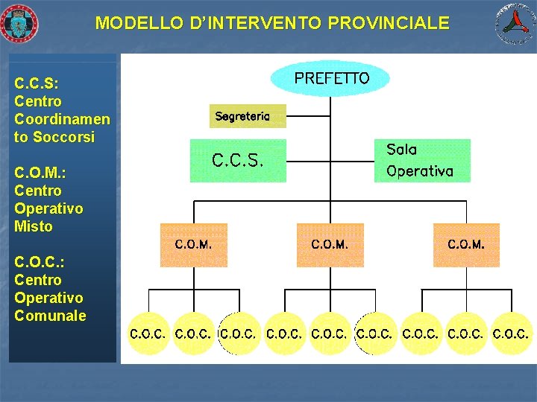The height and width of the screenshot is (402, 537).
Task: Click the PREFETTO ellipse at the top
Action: point(330,78)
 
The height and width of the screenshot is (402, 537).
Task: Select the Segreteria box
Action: point(248,116)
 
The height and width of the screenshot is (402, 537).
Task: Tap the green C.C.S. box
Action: point(238,161)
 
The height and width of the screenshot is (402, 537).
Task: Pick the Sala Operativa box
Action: point(421,161)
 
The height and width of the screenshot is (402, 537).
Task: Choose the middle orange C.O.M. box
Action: point(330,244)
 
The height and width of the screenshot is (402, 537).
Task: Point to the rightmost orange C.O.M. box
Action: point(466,244)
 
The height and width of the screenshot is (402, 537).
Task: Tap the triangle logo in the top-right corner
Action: point(516,23)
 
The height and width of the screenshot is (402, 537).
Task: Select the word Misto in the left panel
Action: point(34,226)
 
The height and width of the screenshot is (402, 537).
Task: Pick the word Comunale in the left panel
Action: point(50,316)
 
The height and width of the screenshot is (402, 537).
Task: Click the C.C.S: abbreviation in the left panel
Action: point(37,83)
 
